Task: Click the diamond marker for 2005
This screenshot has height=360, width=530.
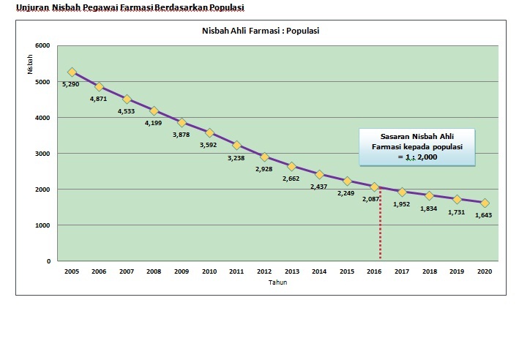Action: pos(72,72)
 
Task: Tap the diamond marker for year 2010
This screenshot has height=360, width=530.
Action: pos(209,133)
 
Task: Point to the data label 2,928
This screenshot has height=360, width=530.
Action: pos(264,169)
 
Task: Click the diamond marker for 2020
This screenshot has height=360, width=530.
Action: pos(485,203)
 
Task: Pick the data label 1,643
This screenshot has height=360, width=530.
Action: pos(483,215)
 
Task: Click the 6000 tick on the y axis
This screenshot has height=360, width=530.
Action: pos(42,46)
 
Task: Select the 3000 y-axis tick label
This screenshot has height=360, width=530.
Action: pos(42,154)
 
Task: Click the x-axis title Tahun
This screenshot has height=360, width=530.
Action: pos(277,282)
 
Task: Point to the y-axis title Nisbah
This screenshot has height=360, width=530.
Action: pos(30,64)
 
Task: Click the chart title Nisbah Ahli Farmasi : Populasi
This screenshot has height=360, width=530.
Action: pos(261,31)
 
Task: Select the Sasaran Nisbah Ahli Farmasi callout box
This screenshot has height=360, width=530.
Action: pos(417,146)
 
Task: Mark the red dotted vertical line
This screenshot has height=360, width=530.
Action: pos(380,227)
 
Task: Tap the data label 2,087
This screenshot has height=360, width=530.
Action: pos(371,198)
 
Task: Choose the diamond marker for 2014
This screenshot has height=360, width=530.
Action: pos(319,174)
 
